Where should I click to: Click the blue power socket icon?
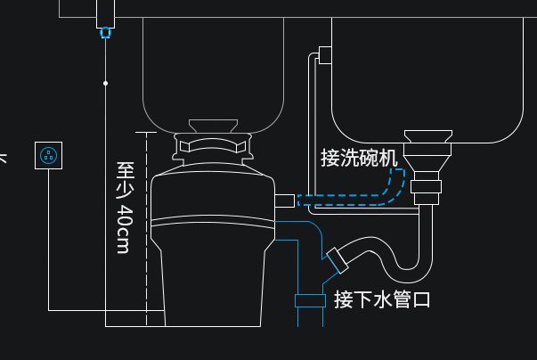pyautogui.click(x=48, y=156)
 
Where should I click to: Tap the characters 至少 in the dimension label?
pyautogui.click(x=125, y=182)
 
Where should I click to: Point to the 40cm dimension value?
pyautogui.click(x=125, y=229)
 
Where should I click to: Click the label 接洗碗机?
pyautogui.click(x=359, y=158)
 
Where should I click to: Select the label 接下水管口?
pyautogui.click(x=382, y=299)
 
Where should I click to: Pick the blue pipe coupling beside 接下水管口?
pyautogui.click(x=310, y=300)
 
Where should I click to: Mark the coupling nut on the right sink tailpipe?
pyautogui.click(x=428, y=188)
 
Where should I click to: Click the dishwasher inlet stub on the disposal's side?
pyautogui.click(x=286, y=199)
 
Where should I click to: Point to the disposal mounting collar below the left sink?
pyautogui.click(x=213, y=143)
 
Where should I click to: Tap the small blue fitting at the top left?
pyautogui.click(x=106, y=33)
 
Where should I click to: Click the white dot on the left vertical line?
pyautogui.click(x=106, y=83)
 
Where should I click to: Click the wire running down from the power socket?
pyautogui.click(x=48, y=241)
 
